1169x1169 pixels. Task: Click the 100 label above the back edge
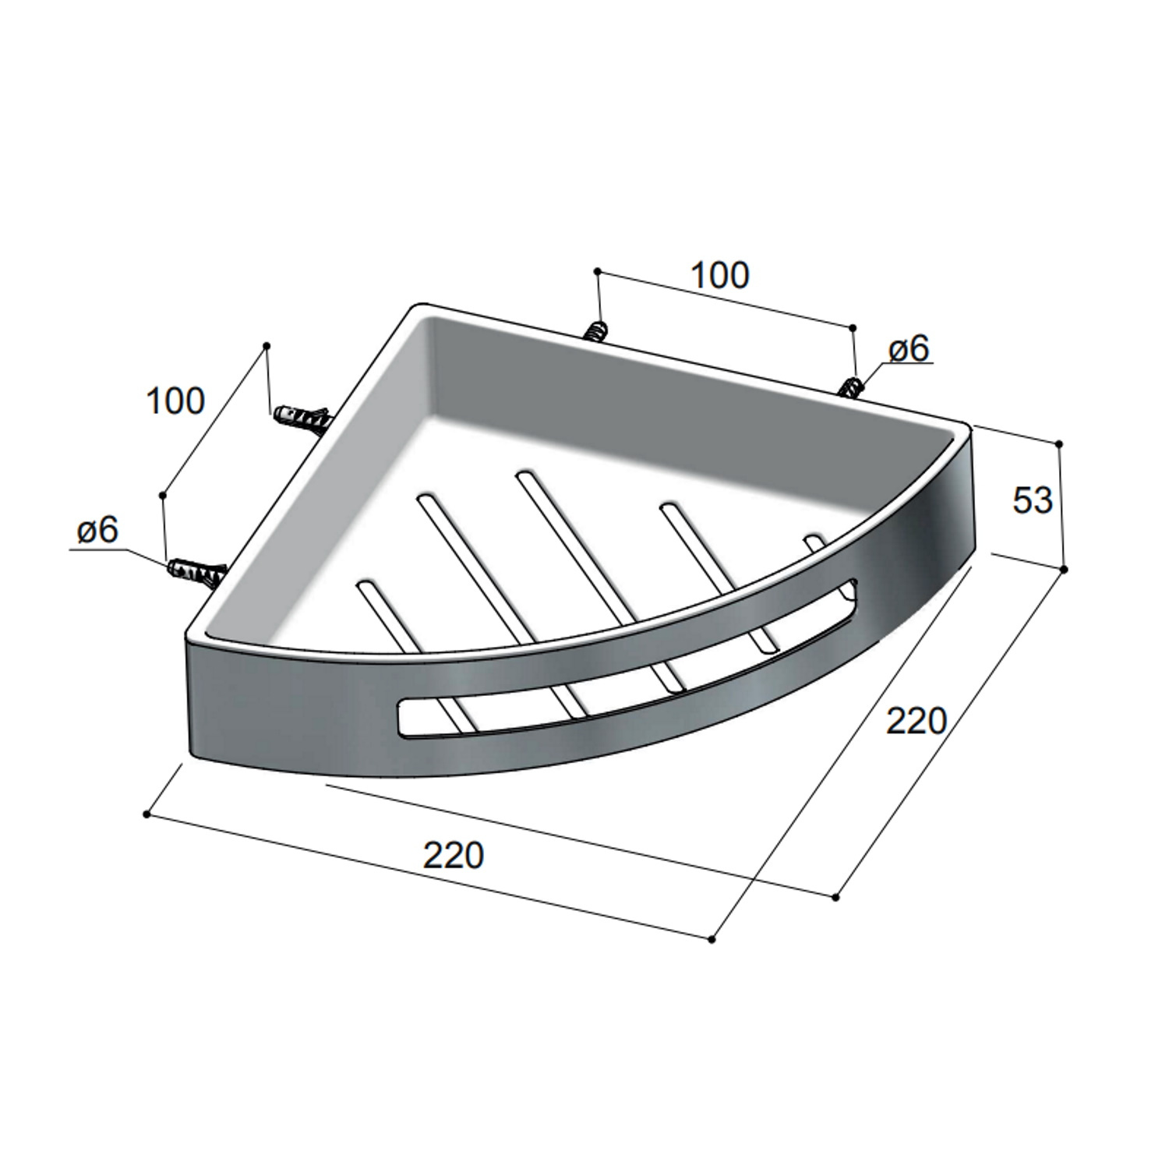(721, 276)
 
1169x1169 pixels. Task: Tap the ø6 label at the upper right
(909, 350)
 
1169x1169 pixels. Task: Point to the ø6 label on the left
(97, 531)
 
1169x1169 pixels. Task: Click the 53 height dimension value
(1033, 500)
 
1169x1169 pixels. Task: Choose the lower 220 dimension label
(454, 855)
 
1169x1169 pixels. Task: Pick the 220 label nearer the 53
(916, 721)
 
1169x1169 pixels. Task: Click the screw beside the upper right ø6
(852, 387)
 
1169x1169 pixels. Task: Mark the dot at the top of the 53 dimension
(1058, 444)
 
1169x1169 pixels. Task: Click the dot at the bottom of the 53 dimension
(1065, 570)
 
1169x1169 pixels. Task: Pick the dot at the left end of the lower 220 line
(147, 814)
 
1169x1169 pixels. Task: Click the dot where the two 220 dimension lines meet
(712, 941)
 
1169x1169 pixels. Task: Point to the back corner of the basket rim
(422, 306)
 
